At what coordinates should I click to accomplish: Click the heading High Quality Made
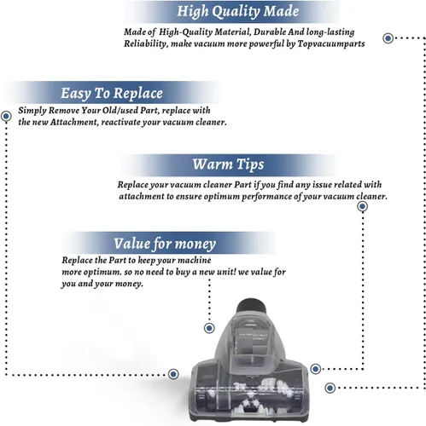237,11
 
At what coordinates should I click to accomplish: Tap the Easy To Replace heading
112,93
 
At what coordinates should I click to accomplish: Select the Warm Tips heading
228,164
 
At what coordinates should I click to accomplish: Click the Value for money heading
165,244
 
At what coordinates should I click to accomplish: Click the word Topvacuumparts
331,43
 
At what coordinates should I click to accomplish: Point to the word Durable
270,32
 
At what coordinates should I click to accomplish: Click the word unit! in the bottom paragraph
226,272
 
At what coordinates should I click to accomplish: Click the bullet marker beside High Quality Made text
388,38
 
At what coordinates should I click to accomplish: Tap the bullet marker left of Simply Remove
6,116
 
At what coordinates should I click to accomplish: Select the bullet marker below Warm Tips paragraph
362,206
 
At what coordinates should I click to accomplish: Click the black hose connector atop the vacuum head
252,306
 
